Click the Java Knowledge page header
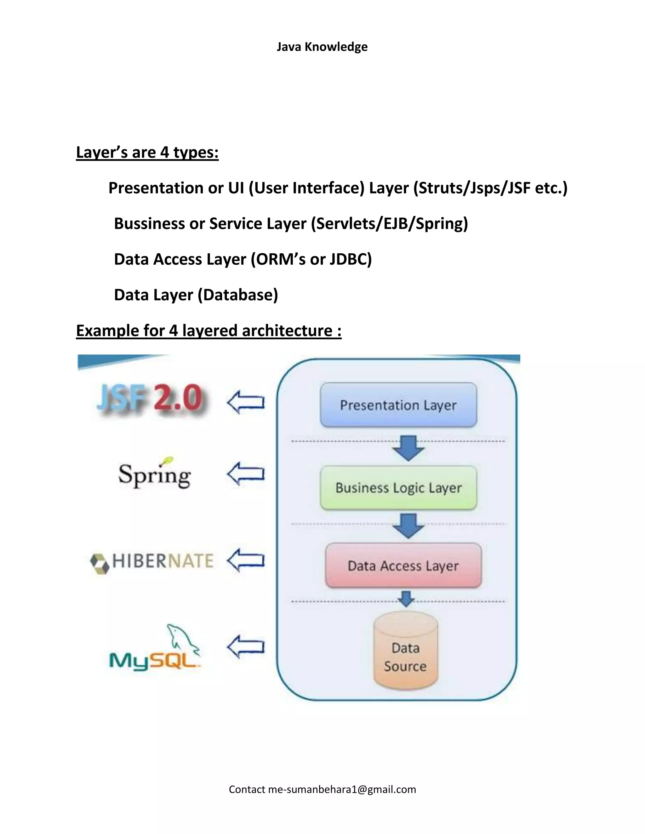[x=322, y=47]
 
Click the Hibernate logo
[x=152, y=561]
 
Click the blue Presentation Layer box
[x=398, y=405]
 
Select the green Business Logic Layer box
[x=398, y=487]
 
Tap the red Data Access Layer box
[x=403, y=566]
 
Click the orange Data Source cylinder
[x=405, y=657]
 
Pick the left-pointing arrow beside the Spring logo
[x=246, y=474]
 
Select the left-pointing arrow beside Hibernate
[x=246, y=560]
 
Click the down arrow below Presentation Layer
[x=408, y=448]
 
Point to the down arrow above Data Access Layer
[x=408, y=526]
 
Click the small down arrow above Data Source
[x=406, y=599]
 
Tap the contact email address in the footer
[x=342, y=789]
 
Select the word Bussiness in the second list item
[x=149, y=224]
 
